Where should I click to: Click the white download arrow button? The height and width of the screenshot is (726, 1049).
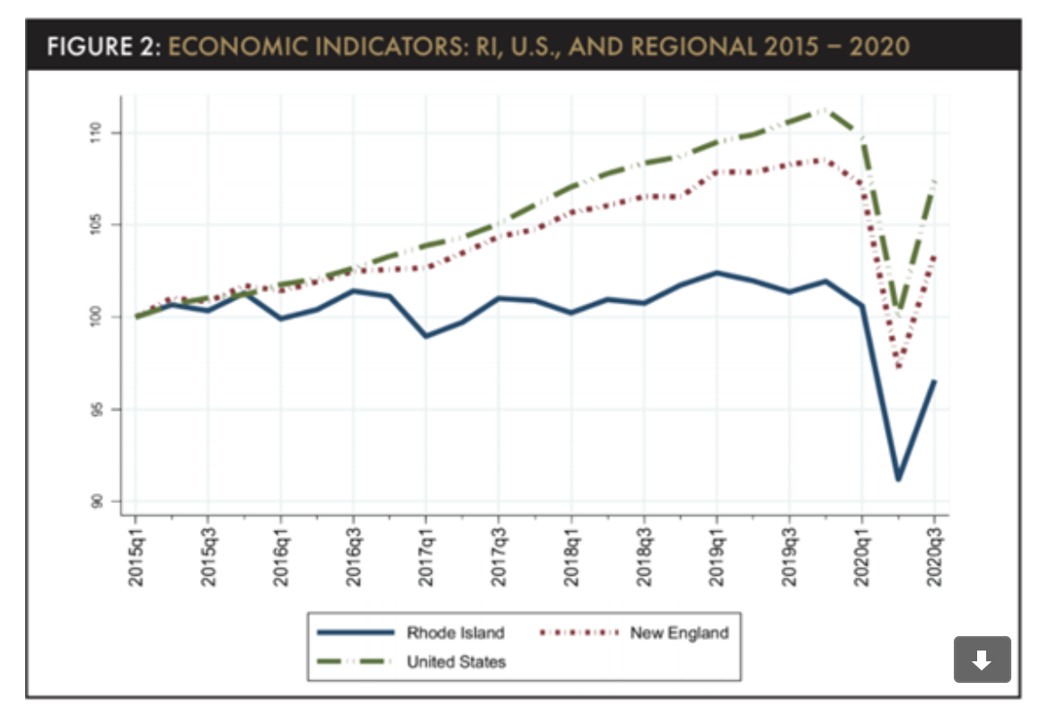tap(982, 660)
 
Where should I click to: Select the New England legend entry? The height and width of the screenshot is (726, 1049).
tap(678, 633)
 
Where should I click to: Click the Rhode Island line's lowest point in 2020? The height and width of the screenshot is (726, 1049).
tap(898, 479)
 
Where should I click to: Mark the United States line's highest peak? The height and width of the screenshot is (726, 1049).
tap(824, 109)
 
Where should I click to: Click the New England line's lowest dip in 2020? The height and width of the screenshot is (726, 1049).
tap(898, 367)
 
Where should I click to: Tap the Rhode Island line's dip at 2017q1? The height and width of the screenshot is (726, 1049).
tap(426, 336)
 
